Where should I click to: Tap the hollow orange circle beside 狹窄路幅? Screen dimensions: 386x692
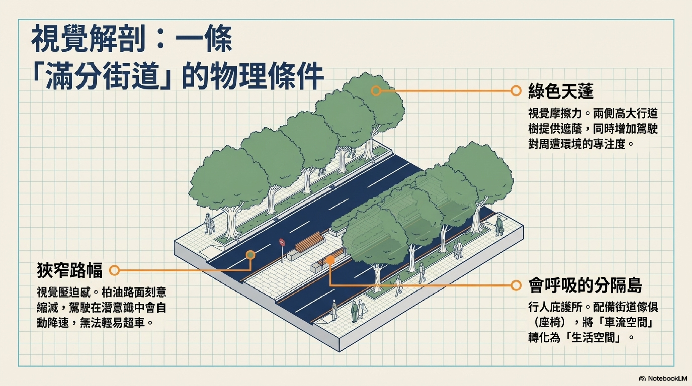[x=114, y=270]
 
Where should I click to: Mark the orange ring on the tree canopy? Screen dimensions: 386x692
[x=376, y=91]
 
